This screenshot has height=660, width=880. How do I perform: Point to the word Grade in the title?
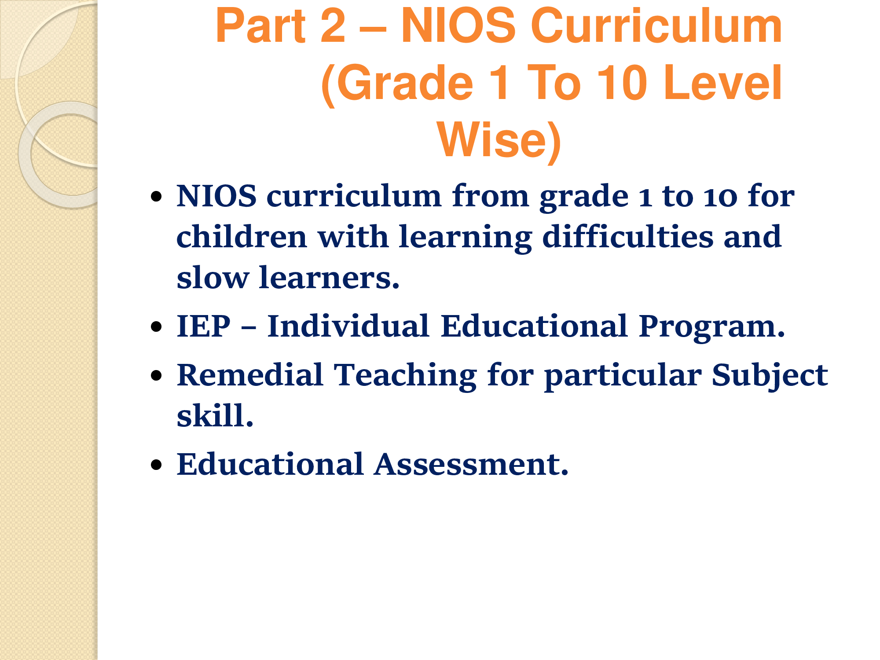tap(398, 83)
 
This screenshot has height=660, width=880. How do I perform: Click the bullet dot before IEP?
tap(156, 327)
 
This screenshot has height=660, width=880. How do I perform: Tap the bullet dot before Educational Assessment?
tap(156, 465)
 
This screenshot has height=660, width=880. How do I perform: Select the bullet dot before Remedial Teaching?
tap(156, 375)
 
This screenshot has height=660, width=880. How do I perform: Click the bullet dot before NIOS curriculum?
tap(156, 196)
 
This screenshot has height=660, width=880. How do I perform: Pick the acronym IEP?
tap(203, 326)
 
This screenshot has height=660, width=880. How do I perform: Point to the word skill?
tap(215, 415)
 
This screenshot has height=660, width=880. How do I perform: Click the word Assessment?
tap(471, 464)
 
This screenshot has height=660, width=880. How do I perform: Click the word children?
tap(242, 237)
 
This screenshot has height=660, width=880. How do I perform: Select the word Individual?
tap(348, 326)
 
